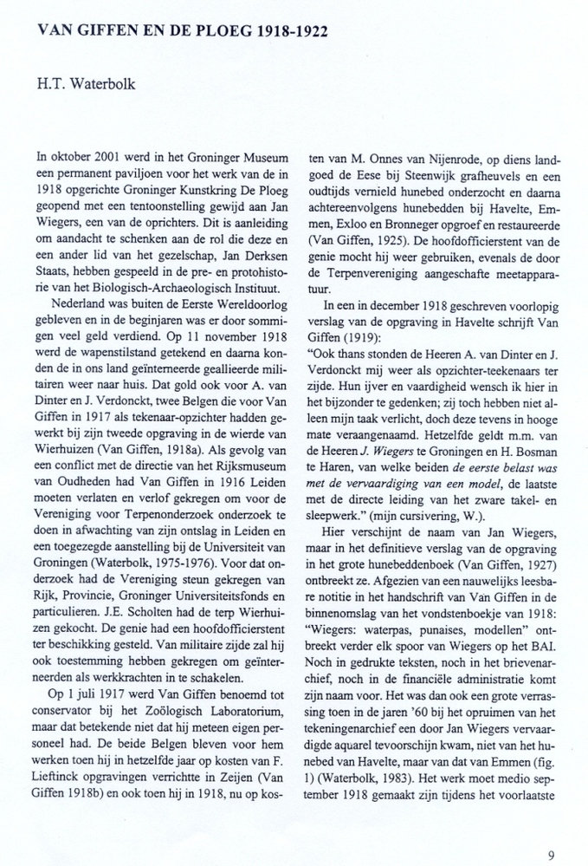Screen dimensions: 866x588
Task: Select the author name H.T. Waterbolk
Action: click(84, 84)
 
